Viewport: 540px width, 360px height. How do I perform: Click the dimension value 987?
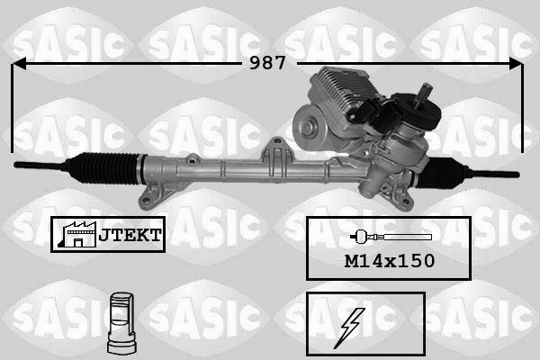pos(267,63)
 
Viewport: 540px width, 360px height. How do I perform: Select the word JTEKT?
pos(129,234)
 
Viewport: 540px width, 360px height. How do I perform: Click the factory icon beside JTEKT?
pos(76,234)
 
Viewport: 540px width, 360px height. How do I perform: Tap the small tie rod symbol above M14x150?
pos(390,238)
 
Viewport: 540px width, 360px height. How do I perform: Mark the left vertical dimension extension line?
pos(13,108)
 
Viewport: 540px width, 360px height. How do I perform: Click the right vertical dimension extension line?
pos(522,108)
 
